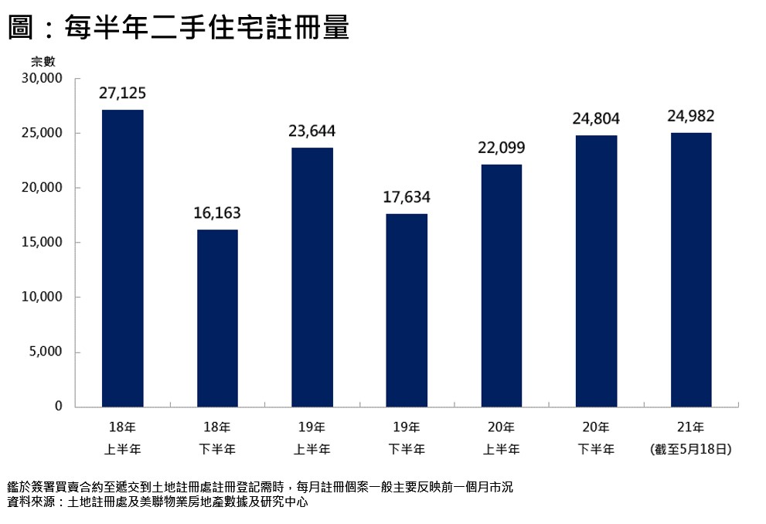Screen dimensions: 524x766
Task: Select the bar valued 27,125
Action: coord(122,258)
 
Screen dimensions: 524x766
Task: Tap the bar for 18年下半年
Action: coord(217,318)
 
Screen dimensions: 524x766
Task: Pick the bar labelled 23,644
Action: coord(312,277)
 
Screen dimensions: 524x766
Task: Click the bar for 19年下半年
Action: coord(407,310)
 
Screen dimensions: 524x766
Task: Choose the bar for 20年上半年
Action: coord(502,285)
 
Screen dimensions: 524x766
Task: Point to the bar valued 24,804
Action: coord(596,271)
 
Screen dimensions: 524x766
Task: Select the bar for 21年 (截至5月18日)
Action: coord(691,270)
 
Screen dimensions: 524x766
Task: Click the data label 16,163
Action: coord(217,213)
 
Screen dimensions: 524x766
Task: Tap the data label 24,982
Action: coord(691,117)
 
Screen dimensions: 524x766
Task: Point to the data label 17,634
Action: coord(407,197)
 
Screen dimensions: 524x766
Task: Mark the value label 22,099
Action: coord(502,148)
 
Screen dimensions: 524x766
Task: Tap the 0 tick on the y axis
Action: coord(58,407)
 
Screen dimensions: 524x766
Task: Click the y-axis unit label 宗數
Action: coord(43,62)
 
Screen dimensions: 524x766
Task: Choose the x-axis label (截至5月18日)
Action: coord(691,448)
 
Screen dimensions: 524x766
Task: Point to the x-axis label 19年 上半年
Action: coord(312,437)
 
